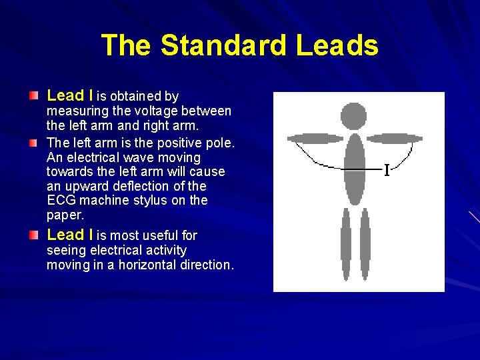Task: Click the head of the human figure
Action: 353,116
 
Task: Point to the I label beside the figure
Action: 387,170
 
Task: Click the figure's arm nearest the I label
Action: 395,139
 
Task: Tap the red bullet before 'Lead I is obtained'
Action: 34,97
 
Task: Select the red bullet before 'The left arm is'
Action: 34,143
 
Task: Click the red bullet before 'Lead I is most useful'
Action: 34,235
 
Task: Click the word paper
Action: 64,215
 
